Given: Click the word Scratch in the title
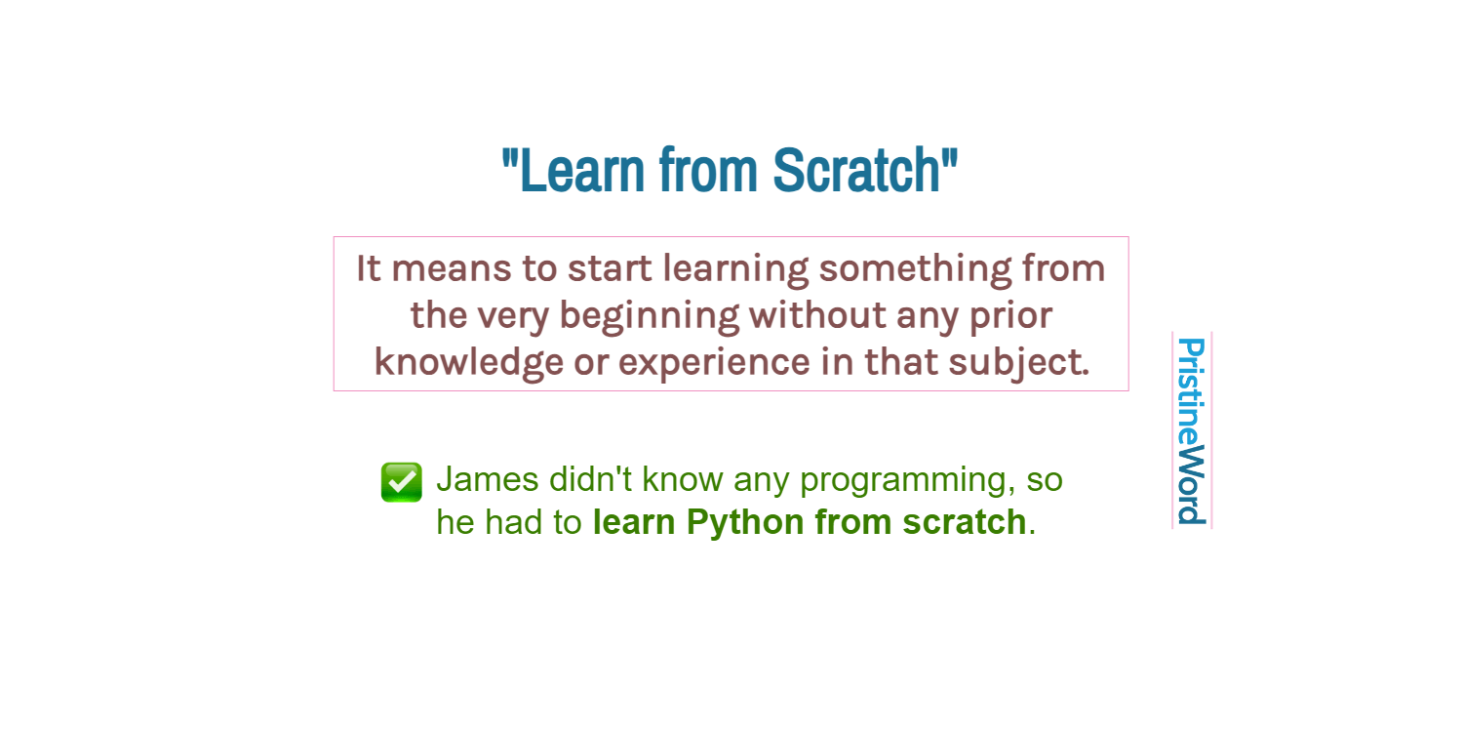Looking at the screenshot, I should click(858, 171).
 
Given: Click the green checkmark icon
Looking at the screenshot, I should click(401, 482).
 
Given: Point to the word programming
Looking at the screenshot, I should click(907, 481).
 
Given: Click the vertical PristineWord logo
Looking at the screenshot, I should click(1191, 430).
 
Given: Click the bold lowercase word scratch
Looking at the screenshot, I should click(963, 522).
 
